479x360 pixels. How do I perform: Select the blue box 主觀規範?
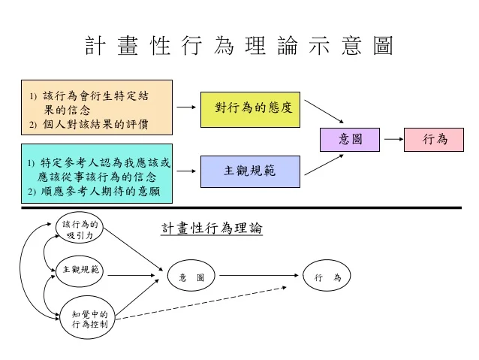250,171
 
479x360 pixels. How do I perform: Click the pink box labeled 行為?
435,139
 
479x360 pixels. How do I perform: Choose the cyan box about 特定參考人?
96,174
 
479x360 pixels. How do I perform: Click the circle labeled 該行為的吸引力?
80,230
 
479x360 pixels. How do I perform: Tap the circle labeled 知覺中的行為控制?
89,319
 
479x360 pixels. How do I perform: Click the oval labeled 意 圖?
191,277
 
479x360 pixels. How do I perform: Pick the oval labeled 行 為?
327,277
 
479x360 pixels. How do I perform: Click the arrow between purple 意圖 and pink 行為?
392,139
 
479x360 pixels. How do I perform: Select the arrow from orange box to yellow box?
185,107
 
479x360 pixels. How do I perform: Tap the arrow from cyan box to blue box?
185,171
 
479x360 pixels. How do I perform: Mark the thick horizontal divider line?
240,208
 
